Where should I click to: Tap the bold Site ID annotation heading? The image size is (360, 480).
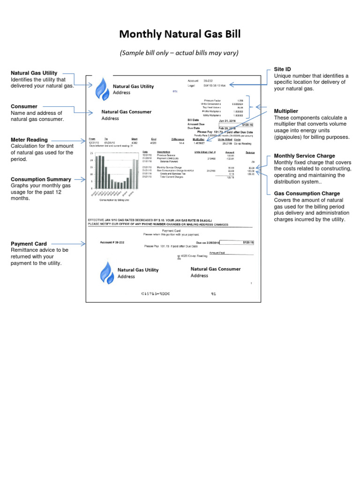[282, 69]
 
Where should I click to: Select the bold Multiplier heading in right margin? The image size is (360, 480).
[286, 111]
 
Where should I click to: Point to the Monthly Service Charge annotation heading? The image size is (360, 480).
[304, 156]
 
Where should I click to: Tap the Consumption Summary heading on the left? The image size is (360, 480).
[41, 179]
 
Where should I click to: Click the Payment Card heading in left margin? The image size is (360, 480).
[29, 244]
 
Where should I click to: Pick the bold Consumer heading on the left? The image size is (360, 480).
[24, 106]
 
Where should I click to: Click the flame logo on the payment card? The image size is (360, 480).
[106, 273]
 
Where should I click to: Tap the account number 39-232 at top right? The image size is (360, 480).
[209, 81]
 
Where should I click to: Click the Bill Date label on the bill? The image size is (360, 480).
[194, 120]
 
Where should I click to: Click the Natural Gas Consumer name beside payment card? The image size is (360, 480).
[216, 269]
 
